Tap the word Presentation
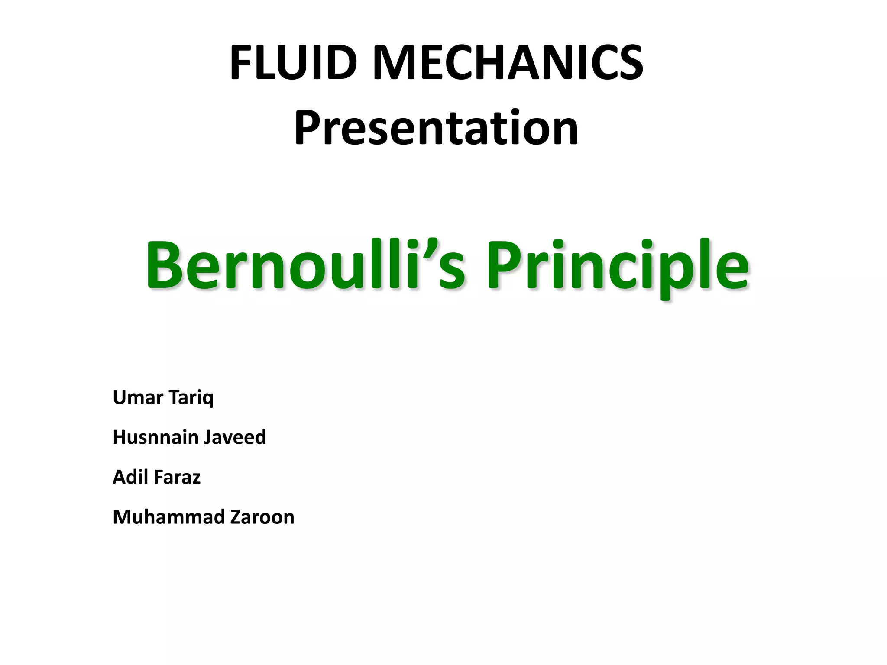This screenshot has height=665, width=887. click(436, 128)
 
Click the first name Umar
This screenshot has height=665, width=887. click(137, 397)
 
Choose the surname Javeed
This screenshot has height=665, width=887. click(235, 437)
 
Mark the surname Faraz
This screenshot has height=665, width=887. click(177, 477)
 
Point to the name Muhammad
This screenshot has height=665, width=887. click(168, 517)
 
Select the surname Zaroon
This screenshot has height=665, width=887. click(262, 517)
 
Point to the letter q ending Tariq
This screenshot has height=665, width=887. click(208, 399)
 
